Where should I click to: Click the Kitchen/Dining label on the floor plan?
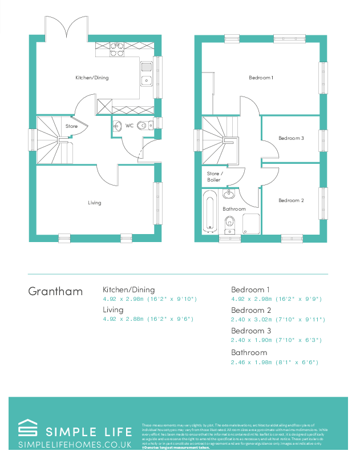coord(92,78)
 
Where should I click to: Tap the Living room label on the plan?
coord(94,203)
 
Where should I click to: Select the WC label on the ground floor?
coord(130,125)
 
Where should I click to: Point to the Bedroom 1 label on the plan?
coord(261,78)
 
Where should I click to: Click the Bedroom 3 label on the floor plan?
coord(291,138)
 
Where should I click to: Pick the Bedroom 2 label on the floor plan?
coord(291,200)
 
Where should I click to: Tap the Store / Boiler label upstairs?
coord(214,176)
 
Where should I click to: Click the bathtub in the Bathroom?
coord(209,212)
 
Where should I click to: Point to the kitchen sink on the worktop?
coord(146,80)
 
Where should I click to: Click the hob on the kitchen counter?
coord(117,53)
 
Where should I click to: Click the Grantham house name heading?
coord(55,291)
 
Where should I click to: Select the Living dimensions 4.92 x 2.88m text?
coord(148,319)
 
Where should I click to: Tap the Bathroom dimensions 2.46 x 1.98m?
coord(274,362)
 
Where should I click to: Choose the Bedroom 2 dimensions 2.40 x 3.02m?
coord(277,319)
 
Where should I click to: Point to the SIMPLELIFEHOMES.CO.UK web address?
coord(75,444)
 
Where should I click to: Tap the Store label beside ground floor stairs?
coord(71,126)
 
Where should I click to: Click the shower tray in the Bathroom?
coord(251,223)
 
